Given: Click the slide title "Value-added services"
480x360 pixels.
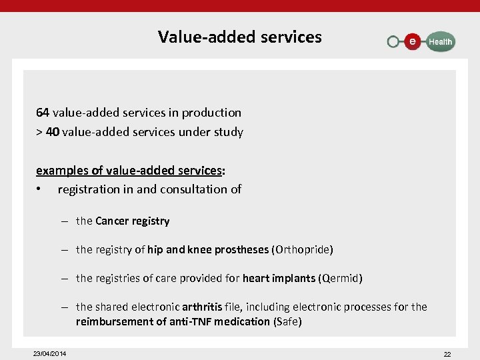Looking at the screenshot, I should click(239, 37).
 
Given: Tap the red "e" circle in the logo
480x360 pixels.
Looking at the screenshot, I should click(413, 41).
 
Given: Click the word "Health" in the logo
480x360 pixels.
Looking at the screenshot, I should click(440, 42).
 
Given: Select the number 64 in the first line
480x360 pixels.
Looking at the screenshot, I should click(43, 113).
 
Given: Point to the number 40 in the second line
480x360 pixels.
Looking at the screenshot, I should click(53, 132).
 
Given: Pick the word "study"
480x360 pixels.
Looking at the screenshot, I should click(229, 132).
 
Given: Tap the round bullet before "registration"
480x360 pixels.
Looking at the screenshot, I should click(40, 189).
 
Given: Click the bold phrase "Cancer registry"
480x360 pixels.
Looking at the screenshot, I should click(133, 221).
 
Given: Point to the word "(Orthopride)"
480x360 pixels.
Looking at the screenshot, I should click(302, 250).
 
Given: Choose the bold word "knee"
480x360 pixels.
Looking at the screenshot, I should click(201, 250).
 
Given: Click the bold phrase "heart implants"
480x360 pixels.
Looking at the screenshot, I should click(279, 278).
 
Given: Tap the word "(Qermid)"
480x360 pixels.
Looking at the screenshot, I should click(340, 278).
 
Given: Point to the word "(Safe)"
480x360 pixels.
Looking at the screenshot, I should click(287, 322).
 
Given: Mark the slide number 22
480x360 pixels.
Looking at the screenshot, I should click(447, 354).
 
